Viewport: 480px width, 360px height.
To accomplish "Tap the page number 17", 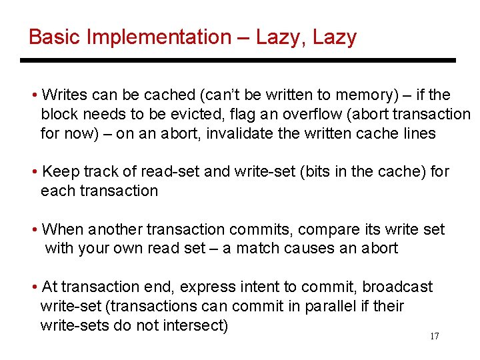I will point(434,336).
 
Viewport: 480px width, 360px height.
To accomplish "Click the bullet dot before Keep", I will point(34,172).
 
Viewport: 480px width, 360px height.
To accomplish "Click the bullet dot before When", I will point(34,230).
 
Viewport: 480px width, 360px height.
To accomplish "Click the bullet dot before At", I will point(34,287).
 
